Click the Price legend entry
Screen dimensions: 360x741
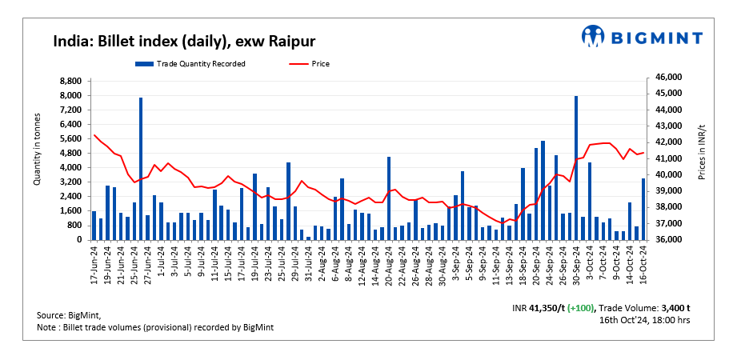coord(319,63)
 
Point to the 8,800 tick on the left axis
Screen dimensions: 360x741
coord(70,81)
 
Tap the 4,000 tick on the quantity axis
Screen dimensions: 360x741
coord(70,168)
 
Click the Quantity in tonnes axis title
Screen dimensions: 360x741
coord(38,150)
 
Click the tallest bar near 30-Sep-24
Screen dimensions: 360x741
coord(576,168)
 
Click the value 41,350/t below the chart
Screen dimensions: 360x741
coord(546,307)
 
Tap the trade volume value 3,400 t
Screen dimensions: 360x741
coord(671,307)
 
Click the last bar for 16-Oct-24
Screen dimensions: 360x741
coord(643,209)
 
